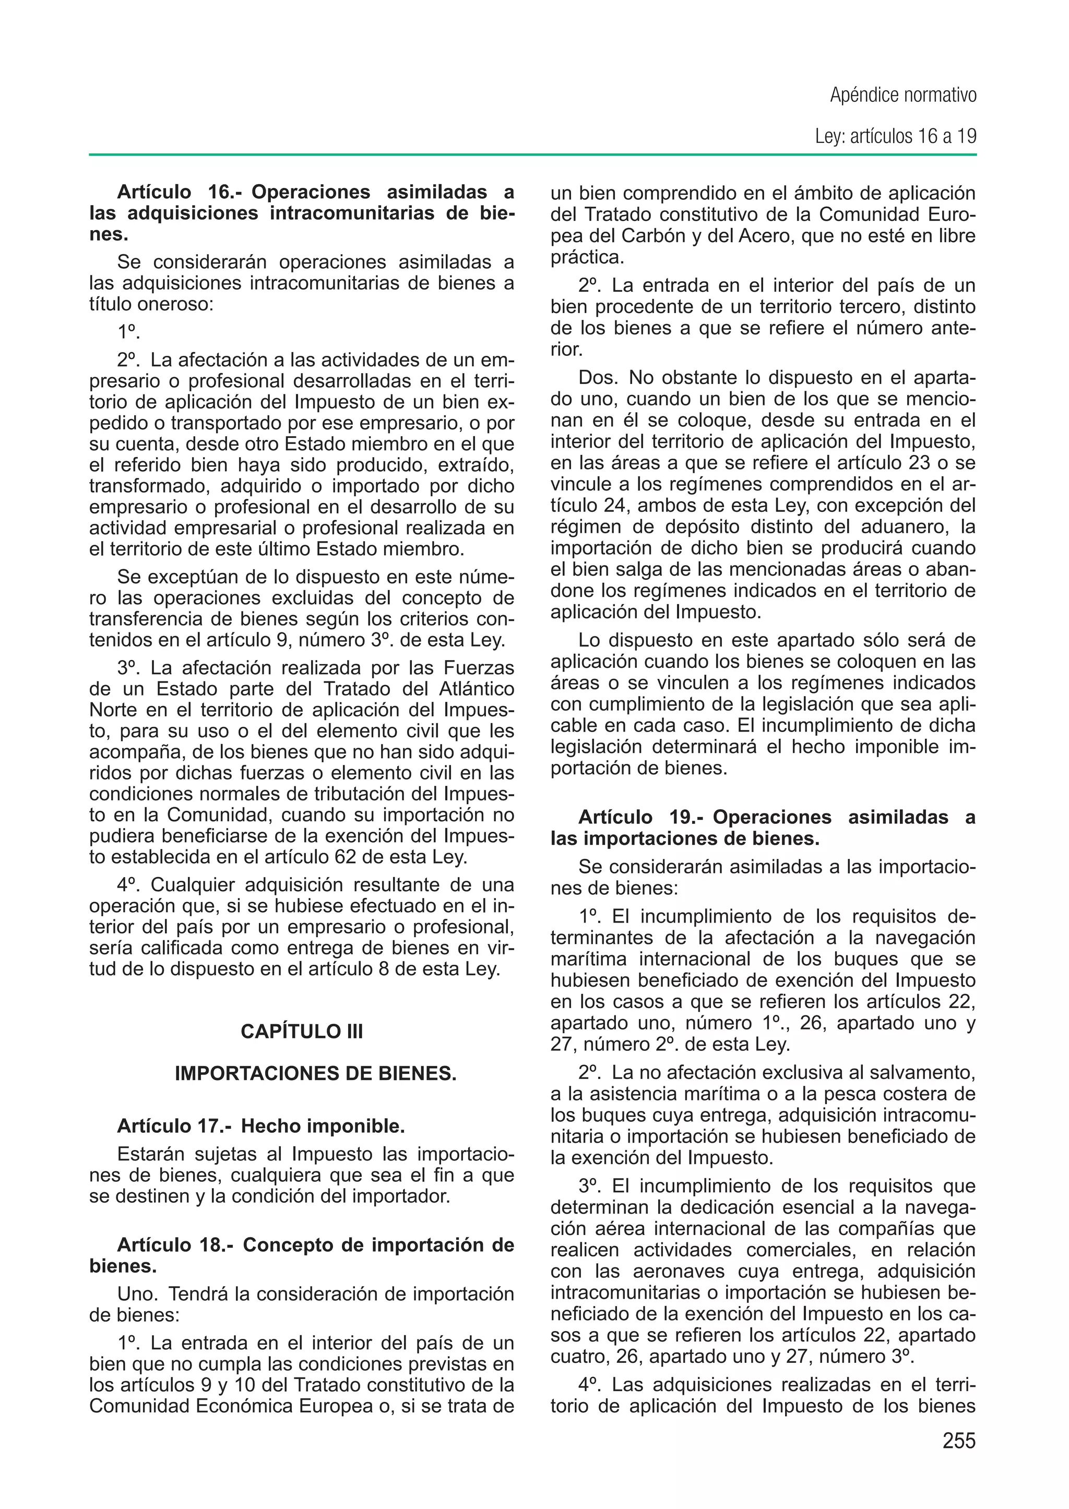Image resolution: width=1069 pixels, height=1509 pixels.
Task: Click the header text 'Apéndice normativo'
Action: pyautogui.click(x=902, y=95)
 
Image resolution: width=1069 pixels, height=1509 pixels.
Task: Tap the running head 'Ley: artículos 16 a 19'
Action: pyautogui.click(x=895, y=136)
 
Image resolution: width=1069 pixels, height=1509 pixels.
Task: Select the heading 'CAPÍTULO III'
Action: pyautogui.click(x=302, y=1031)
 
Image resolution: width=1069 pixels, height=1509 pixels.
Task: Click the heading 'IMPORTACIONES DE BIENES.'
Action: pyautogui.click(x=315, y=1073)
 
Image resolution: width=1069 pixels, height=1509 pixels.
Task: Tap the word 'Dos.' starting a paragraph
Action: pyautogui.click(x=598, y=378)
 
